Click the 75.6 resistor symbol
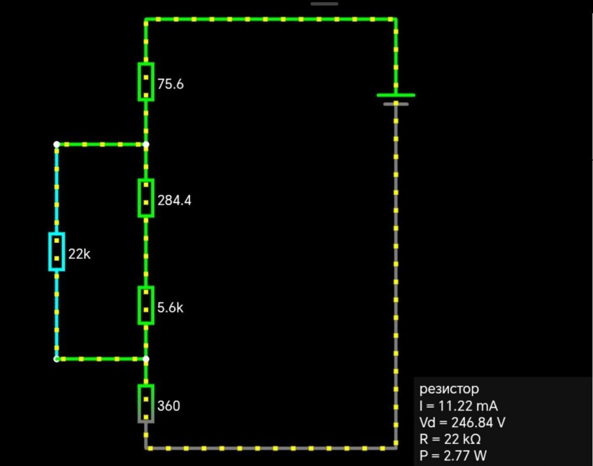click(x=146, y=82)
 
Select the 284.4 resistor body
click(x=146, y=198)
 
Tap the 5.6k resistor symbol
click(x=146, y=306)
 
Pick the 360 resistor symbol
click(x=146, y=404)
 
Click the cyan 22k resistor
click(x=56, y=252)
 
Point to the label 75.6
click(x=171, y=84)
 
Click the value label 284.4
click(x=174, y=201)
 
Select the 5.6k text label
click(x=170, y=308)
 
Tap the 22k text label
click(x=79, y=255)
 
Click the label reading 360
click(x=169, y=407)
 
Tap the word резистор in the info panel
click(x=449, y=389)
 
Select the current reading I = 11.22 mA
click(x=458, y=406)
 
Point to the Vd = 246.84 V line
click(x=463, y=423)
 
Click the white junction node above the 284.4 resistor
click(x=146, y=144)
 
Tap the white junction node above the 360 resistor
click(x=146, y=359)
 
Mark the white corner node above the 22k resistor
click(x=56, y=144)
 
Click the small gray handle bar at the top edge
click(x=324, y=4)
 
